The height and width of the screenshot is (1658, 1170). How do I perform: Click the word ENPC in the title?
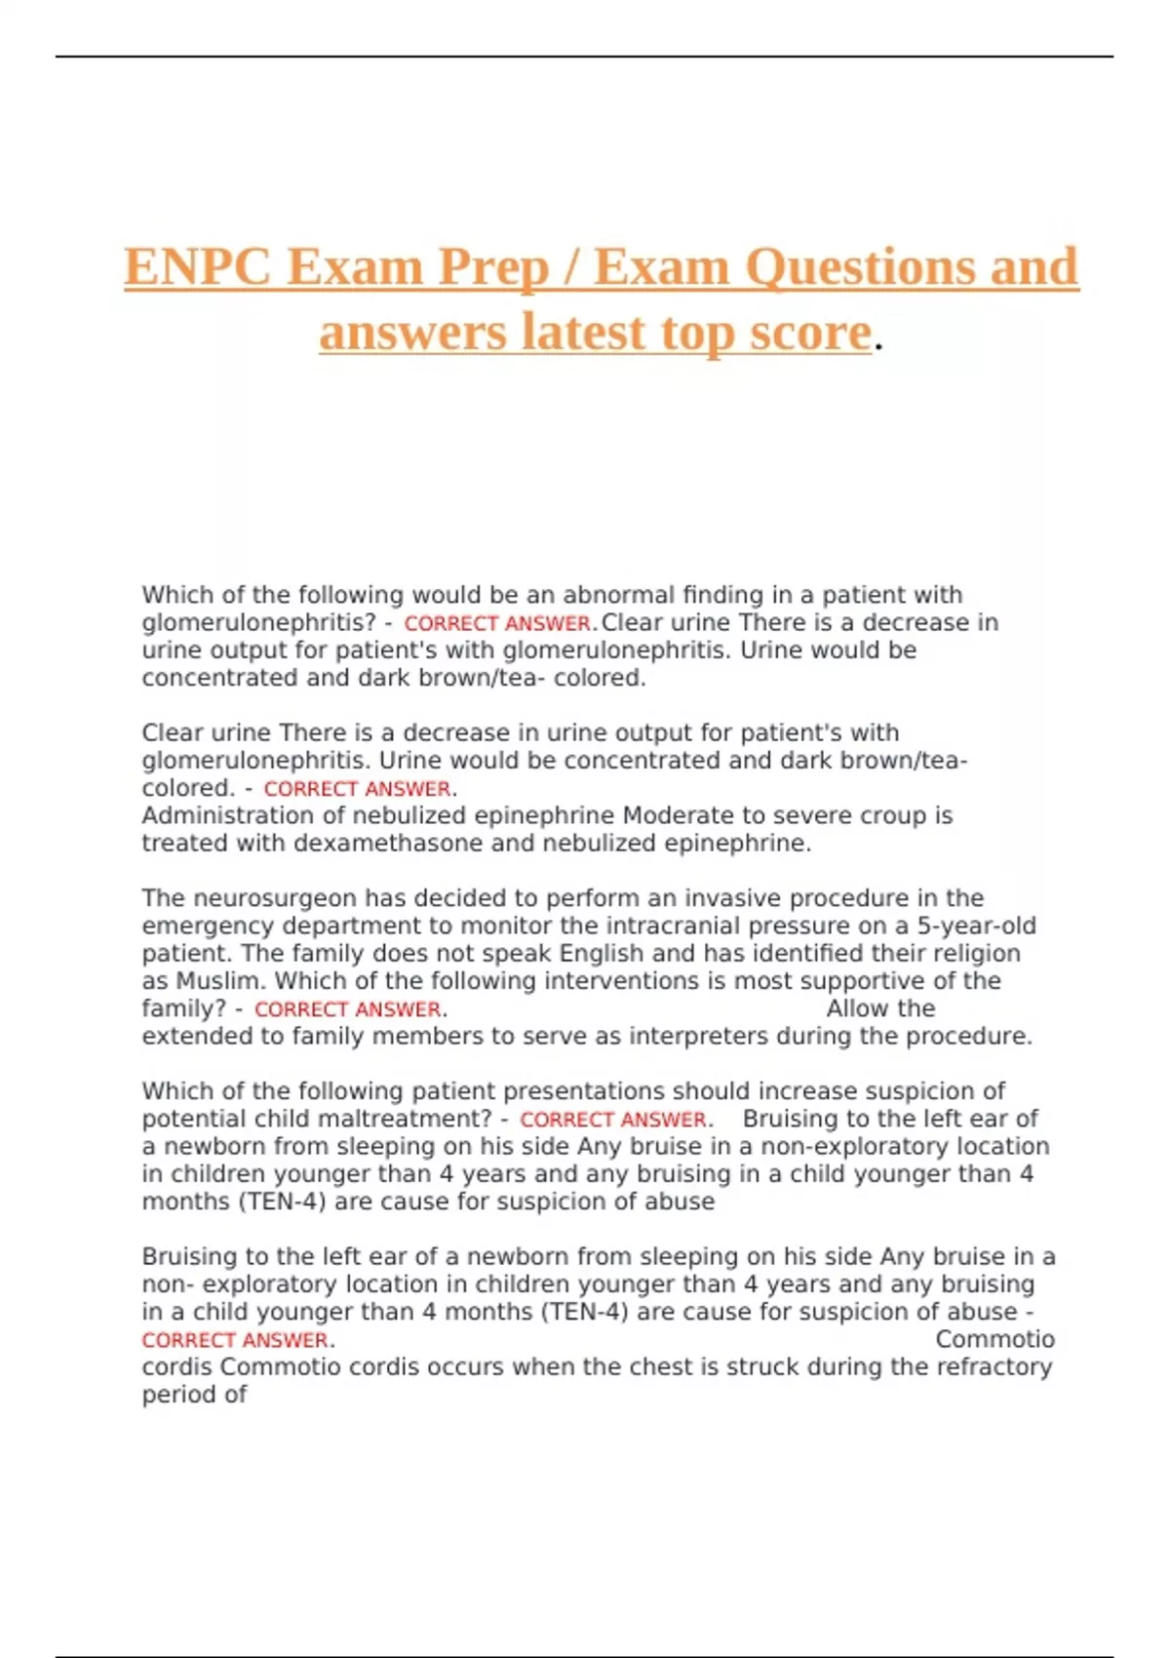tap(198, 266)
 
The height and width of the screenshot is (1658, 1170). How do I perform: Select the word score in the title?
tap(810, 332)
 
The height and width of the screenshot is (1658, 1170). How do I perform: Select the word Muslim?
tap(220, 980)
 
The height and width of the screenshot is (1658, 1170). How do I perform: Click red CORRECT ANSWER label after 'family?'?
tap(347, 1009)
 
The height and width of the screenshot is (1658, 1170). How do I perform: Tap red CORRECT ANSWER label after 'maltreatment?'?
tap(612, 1120)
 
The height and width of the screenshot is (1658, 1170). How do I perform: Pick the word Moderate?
tap(679, 815)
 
